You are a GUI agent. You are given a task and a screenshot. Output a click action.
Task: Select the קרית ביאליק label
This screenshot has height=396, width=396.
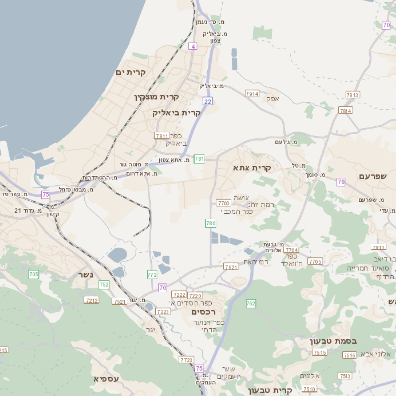(177, 113)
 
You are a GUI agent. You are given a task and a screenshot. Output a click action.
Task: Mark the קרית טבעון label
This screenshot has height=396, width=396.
(269, 390)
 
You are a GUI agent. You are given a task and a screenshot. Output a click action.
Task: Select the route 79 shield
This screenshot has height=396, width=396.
(340, 182)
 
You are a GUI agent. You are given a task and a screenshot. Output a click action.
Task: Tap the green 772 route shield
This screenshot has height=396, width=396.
(152, 274)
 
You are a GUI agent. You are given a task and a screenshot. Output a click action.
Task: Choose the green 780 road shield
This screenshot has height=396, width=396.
(211, 224)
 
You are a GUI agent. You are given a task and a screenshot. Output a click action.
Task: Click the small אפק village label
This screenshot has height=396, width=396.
(274, 98)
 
